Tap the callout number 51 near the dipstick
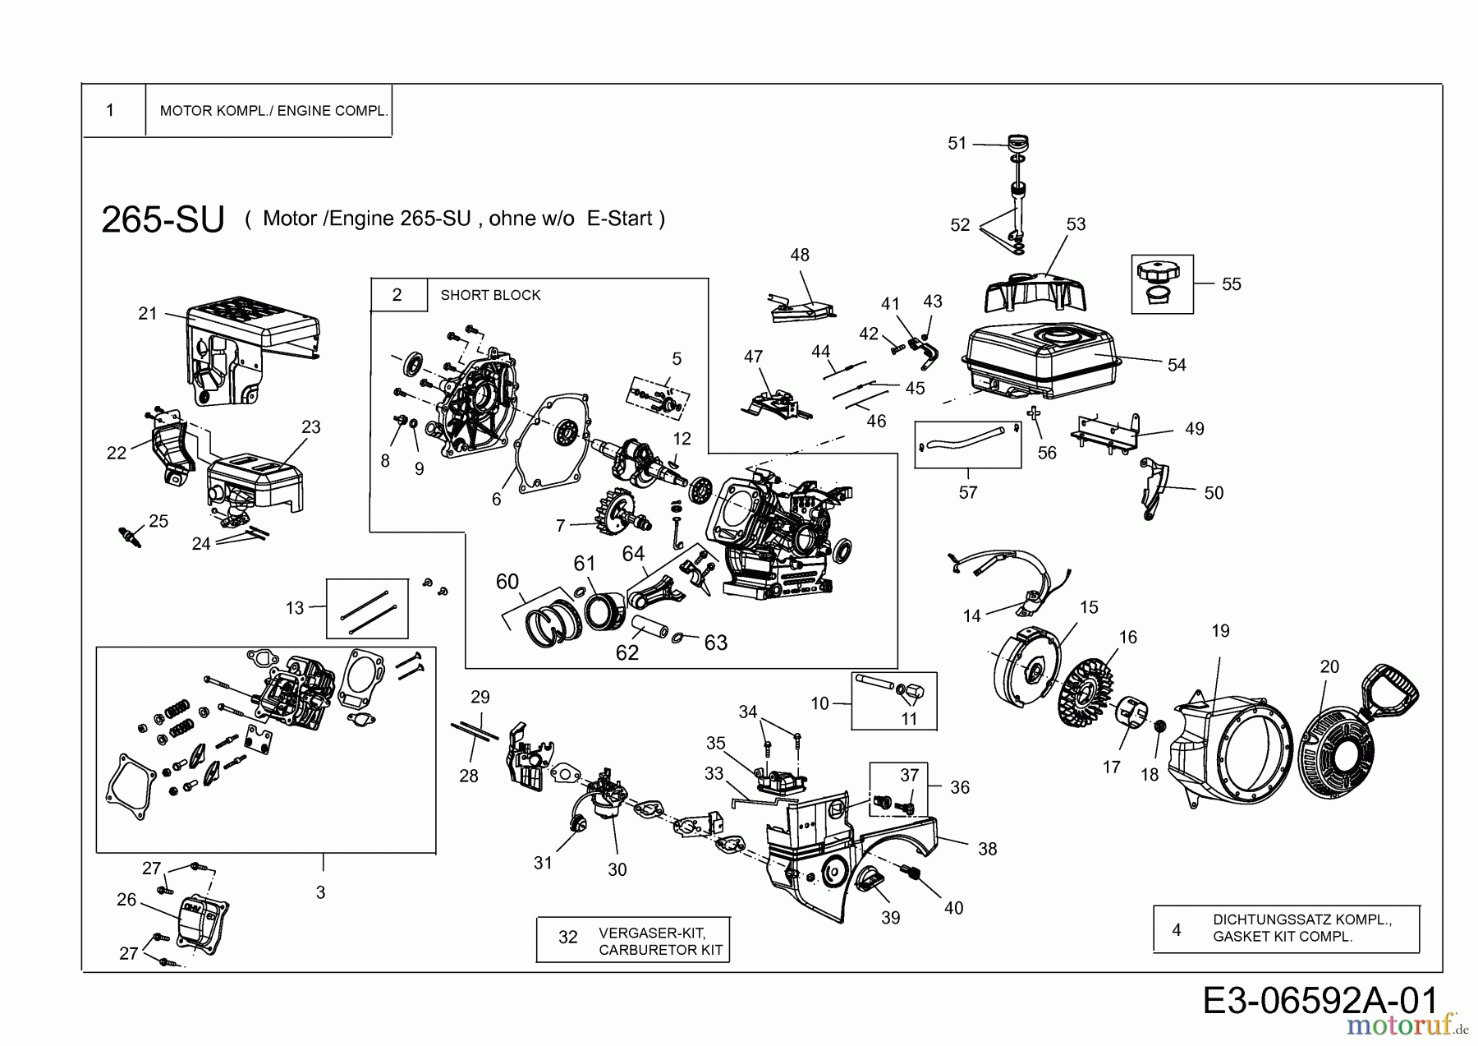pos(957,143)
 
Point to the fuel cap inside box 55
pos(1157,271)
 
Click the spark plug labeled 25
pos(131,537)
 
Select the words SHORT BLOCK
pos(490,295)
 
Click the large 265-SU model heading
pos(163,219)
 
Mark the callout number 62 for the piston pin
pos(627,652)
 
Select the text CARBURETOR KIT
pos(660,950)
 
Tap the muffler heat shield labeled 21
pos(246,345)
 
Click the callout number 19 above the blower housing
pos(1220,631)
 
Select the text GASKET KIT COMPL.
pos(1282,937)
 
